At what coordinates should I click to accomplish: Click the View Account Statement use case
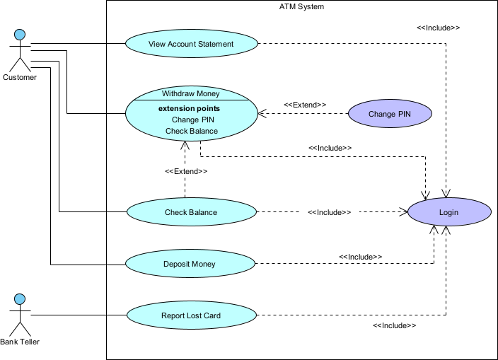(191, 44)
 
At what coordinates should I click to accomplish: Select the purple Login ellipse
(448, 212)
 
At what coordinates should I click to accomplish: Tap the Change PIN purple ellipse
(390, 113)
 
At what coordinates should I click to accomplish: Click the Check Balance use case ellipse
(191, 212)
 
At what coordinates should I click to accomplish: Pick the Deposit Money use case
(190, 265)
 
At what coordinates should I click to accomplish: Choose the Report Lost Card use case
(191, 315)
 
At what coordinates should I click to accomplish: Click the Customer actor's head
(21, 34)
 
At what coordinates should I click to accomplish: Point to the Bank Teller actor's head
(21, 298)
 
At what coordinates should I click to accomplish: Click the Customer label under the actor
(20, 78)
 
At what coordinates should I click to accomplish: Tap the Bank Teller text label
(20, 342)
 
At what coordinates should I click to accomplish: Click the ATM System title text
(302, 7)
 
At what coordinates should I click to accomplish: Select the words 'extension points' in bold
(189, 108)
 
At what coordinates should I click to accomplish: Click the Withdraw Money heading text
(190, 93)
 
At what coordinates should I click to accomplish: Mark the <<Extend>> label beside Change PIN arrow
(305, 105)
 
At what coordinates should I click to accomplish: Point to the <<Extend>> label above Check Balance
(186, 171)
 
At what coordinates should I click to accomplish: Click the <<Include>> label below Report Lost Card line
(394, 325)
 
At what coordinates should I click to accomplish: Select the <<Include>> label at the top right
(438, 28)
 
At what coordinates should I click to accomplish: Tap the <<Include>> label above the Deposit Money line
(360, 257)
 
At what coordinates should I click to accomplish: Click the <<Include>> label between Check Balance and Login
(330, 212)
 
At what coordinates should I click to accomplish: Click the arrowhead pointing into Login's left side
(405, 212)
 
